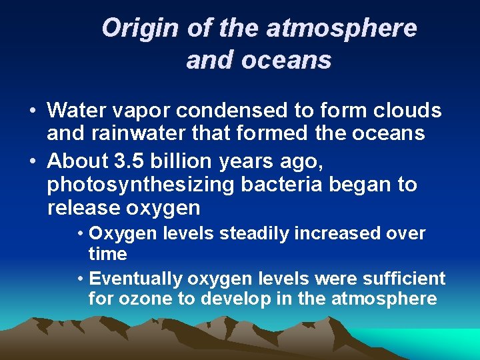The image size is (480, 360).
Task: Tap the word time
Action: pos(107,254)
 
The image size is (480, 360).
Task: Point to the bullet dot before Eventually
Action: pos(80,278)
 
